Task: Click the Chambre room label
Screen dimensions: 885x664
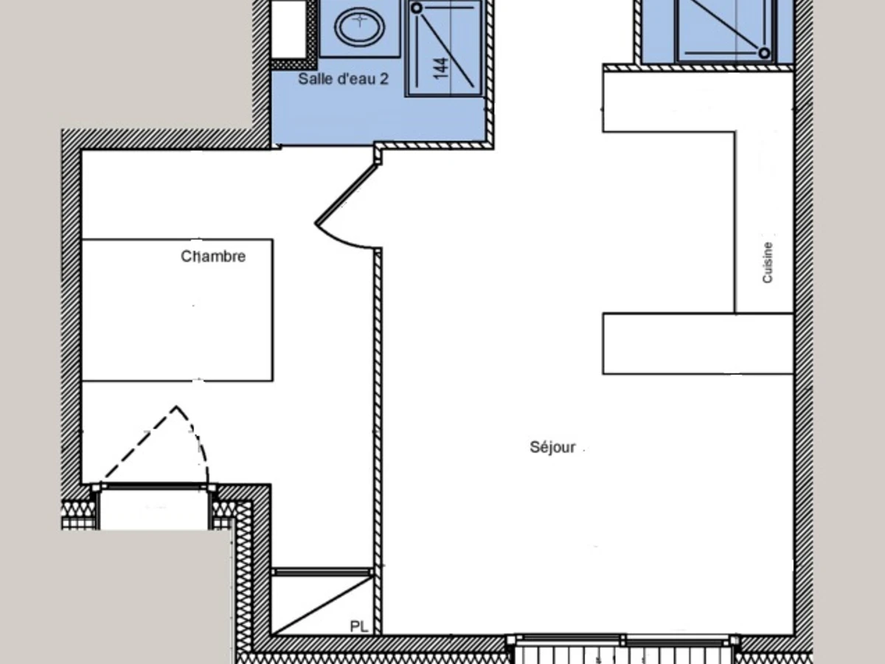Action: pyautogui.click(x=213, y=257)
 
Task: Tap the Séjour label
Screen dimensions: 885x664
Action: pyautogui.click(x=552, y=447)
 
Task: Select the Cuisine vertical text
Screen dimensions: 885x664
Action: pyautogui.click(x=767, y=263)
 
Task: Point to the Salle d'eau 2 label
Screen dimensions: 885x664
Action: pyautogui.click(x=343, y=79)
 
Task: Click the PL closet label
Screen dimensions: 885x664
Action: pyautogui.click(x=359, y=626)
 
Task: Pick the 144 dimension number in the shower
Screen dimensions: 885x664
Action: pyautogui.click(x=442, y=68)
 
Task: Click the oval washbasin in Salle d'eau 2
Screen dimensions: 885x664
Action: pyautogui.click(x=359, y=27)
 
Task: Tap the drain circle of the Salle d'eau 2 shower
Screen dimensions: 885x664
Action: pyautogui.click(x=417, y=8)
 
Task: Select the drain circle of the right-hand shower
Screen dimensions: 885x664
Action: pyautogui.click(x=764, y=53)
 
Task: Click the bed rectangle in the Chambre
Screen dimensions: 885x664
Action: pyautogui.click(x=178, y=310)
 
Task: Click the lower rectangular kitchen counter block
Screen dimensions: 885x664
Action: pyautogui.click(x=698, y=344)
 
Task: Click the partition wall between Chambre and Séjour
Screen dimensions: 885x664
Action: pyautogui.click(x=378, y=441)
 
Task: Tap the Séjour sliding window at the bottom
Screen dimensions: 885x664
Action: pyautogui.click(x=623, y=640)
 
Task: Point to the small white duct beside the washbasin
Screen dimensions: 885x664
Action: pyautogui.click(x=288, y=30)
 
